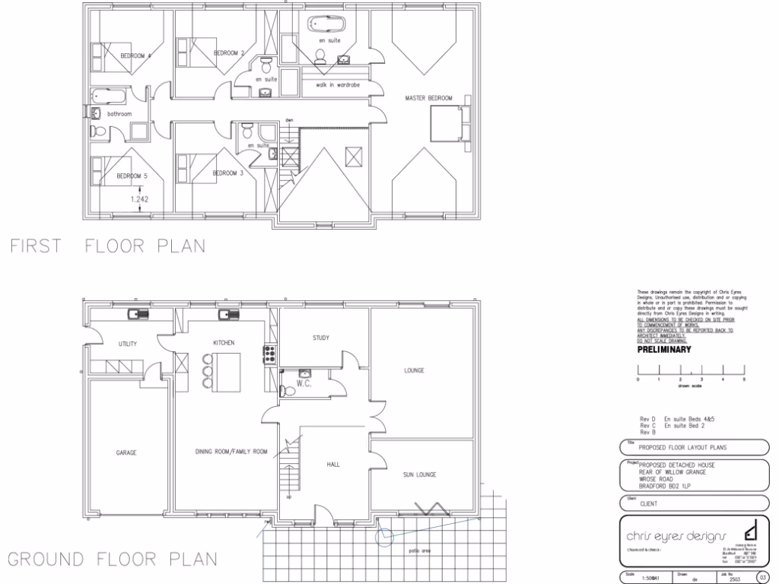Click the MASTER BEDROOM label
tap(430, 98)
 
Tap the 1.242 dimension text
tap(139, 199)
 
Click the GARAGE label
tap(126, 452)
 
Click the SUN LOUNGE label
tap(418, 474)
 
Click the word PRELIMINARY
tap(663, 350)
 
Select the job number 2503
tap(733, 578)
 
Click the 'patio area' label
tap(421, 550)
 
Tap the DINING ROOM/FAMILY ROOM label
tap(231, 452)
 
